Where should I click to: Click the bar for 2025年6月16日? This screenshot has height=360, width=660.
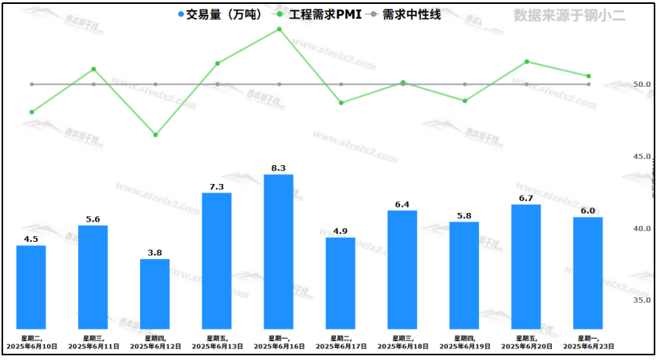pos(279,250)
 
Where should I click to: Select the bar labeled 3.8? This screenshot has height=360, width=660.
pos(155,293)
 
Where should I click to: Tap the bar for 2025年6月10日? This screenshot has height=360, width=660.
pos(31,286)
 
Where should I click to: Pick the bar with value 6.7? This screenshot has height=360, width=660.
pos(526,266)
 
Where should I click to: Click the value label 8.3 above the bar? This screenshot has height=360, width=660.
pos(279,167)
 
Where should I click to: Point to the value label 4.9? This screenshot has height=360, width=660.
pos(341,231)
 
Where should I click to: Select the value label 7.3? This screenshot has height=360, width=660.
pos(217,186)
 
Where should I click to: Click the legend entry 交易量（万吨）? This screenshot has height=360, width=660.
pos(218,15)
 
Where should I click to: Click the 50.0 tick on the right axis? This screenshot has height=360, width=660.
pos(642,85)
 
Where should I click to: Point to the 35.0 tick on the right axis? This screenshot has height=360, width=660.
pos(642,300)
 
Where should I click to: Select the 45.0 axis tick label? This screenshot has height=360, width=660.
pos(642,157)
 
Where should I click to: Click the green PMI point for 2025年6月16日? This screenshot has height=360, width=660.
pos(279,29)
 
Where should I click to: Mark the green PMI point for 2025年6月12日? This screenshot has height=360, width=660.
pos(155,135)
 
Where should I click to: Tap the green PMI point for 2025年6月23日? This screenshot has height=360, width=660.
pos(588,76)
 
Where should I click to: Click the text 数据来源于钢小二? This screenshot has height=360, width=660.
pos(569,15)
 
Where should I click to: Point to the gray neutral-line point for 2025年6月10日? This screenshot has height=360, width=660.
pos(31,84)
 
